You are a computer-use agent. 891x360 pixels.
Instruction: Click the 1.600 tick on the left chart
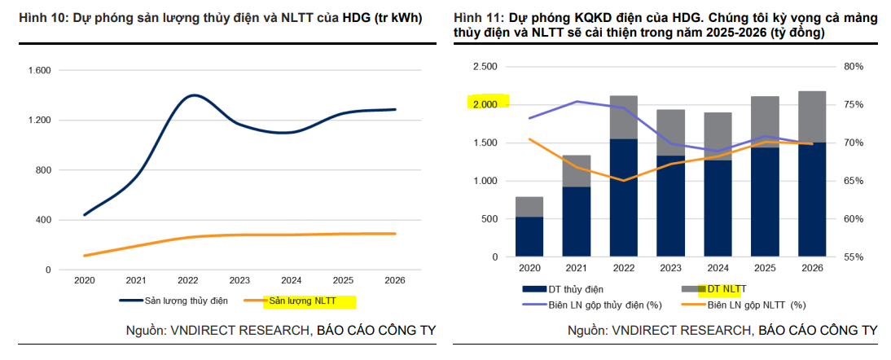pos(40,71)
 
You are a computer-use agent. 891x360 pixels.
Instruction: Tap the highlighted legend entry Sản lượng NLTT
pos(309,301)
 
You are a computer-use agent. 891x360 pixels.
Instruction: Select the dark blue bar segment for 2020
pos(529,236)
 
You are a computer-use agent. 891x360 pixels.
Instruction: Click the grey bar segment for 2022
pos(624,117)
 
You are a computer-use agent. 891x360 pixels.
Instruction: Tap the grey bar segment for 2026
pos(812,116)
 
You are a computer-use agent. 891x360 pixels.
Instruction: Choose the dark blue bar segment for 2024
pos(718,208)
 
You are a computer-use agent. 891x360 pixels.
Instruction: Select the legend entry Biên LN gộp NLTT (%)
pos(755,305)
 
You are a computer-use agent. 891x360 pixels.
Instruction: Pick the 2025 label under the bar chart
pos(765,268)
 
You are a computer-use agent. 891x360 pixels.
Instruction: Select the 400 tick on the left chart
pos(42,220)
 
